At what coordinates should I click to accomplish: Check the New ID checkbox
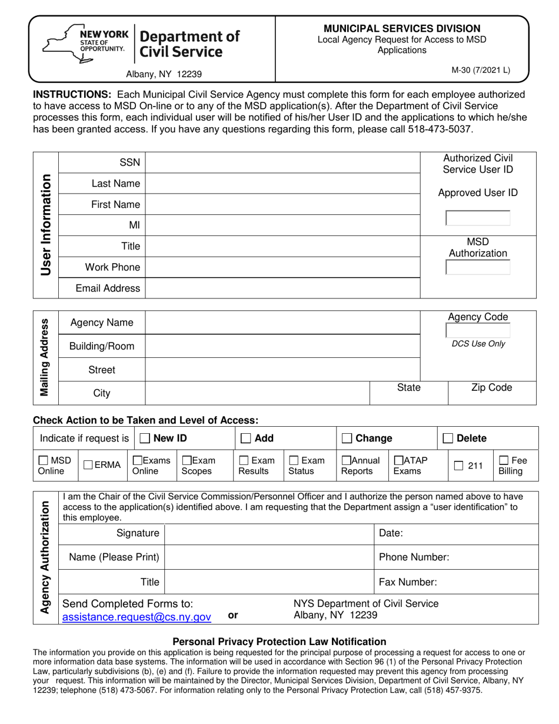(145, 439)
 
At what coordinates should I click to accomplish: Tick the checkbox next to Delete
(448, 439)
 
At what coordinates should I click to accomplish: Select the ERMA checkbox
(88, 465)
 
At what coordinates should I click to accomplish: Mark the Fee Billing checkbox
(504, 460)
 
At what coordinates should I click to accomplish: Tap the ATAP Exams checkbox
(398, 460)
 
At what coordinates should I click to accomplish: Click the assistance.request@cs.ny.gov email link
(137, 617)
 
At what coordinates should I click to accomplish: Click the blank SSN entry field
(282, 162)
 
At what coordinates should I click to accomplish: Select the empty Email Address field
(282, 288)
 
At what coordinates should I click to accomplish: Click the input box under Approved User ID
(478, 218)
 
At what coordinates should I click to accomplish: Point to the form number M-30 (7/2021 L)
(481, 70)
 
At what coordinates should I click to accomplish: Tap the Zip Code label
(491, 387)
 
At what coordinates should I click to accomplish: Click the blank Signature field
(269, 533)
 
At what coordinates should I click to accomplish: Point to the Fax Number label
(408, 582)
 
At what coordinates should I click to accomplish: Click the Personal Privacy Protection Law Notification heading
(279, 642)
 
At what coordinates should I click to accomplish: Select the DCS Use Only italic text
(478, 344)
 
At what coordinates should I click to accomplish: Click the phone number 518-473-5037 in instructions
(440, 128)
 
